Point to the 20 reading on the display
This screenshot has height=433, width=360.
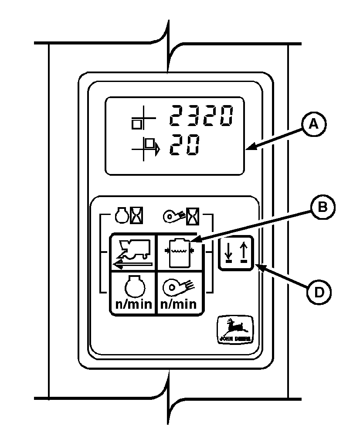tap(185, 145)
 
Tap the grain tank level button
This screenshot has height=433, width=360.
tap(179, 253)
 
